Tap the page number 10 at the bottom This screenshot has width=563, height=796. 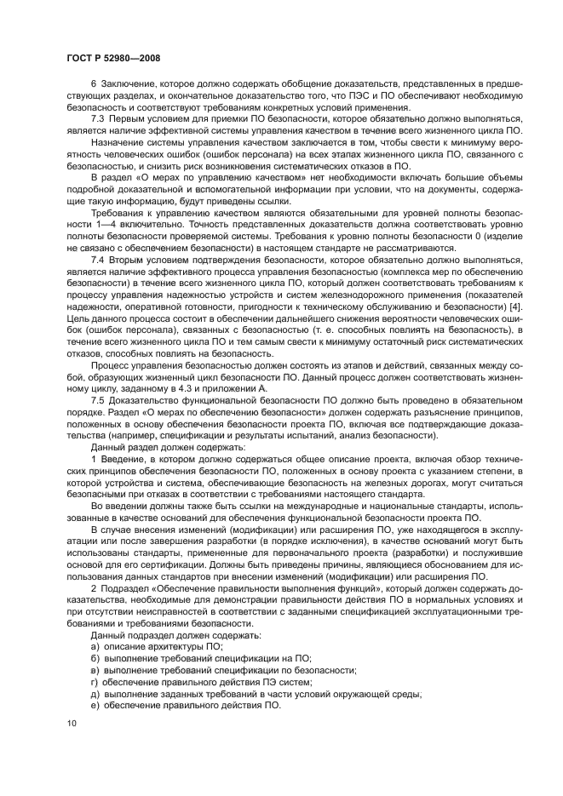tap(71, 722)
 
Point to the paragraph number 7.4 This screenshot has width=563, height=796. tap(99, 260)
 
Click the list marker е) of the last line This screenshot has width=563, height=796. tap(95, 706)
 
